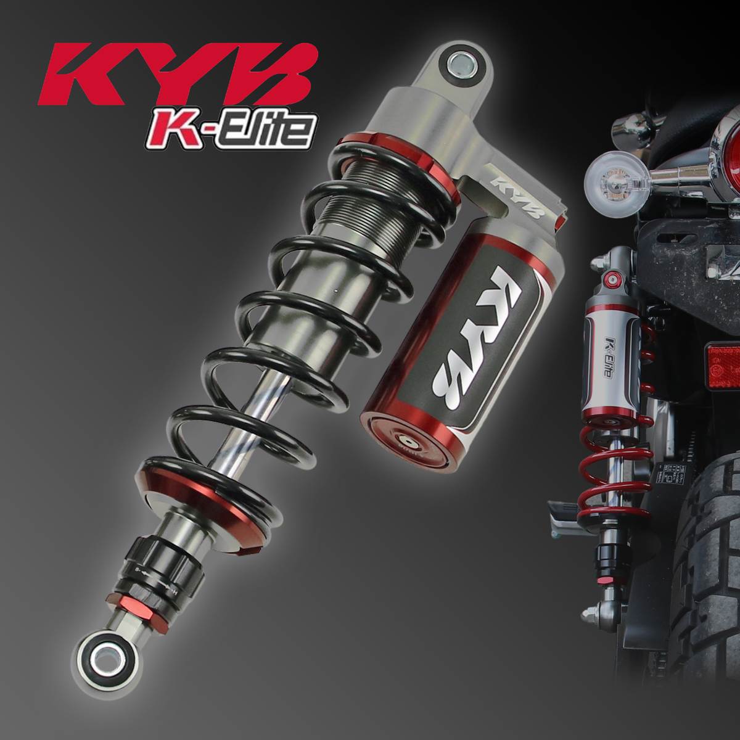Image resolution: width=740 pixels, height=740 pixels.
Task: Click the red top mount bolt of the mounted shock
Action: click(613, 281)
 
